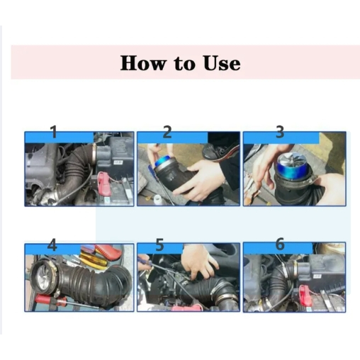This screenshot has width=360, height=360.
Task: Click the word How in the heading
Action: tap(142, 63)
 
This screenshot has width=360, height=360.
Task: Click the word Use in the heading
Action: tap(222, 63)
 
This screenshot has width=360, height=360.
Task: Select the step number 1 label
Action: tap(54, 132)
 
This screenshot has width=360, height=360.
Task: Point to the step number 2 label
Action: tap(167, 132)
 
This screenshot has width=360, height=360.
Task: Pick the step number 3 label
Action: tap(280, 132)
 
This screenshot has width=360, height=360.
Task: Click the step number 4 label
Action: tap(52, 244)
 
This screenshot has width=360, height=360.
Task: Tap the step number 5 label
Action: tap(160, 244)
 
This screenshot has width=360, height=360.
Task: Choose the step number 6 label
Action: tap(280, 244)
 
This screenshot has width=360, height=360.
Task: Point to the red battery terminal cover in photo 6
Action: tap(305, 293)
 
